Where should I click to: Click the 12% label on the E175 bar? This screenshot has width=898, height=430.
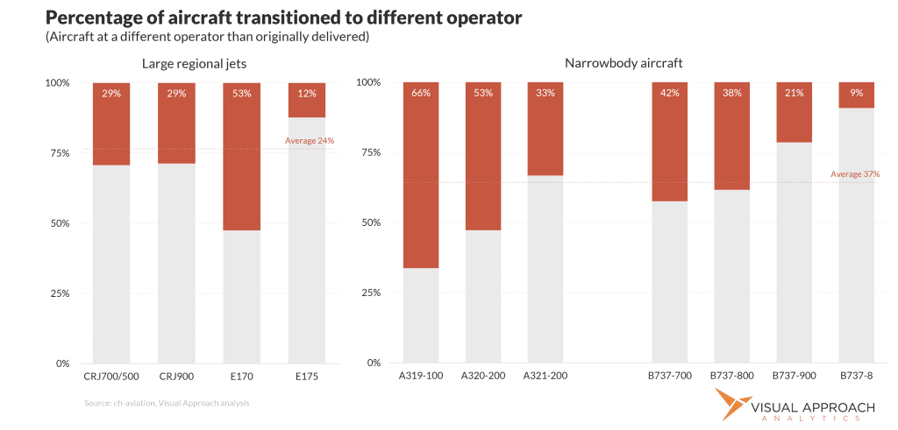click(x=306, y=93)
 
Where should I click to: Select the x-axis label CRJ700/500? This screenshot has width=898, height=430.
click(x=111, y=377)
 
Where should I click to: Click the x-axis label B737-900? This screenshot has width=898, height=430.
click(x=794, y=377)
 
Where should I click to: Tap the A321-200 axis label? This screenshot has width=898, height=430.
click(x=545, y=377)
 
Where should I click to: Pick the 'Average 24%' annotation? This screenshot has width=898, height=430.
click(x=310, y=140)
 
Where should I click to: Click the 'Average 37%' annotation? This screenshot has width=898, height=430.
click(x=854, y=174)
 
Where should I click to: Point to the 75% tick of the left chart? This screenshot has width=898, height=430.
click(x=58, y=153)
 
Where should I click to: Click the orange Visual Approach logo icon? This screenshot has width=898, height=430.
click(x=730, y=407)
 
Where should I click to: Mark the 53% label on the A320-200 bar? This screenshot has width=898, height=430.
click(x=482, y=93)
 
